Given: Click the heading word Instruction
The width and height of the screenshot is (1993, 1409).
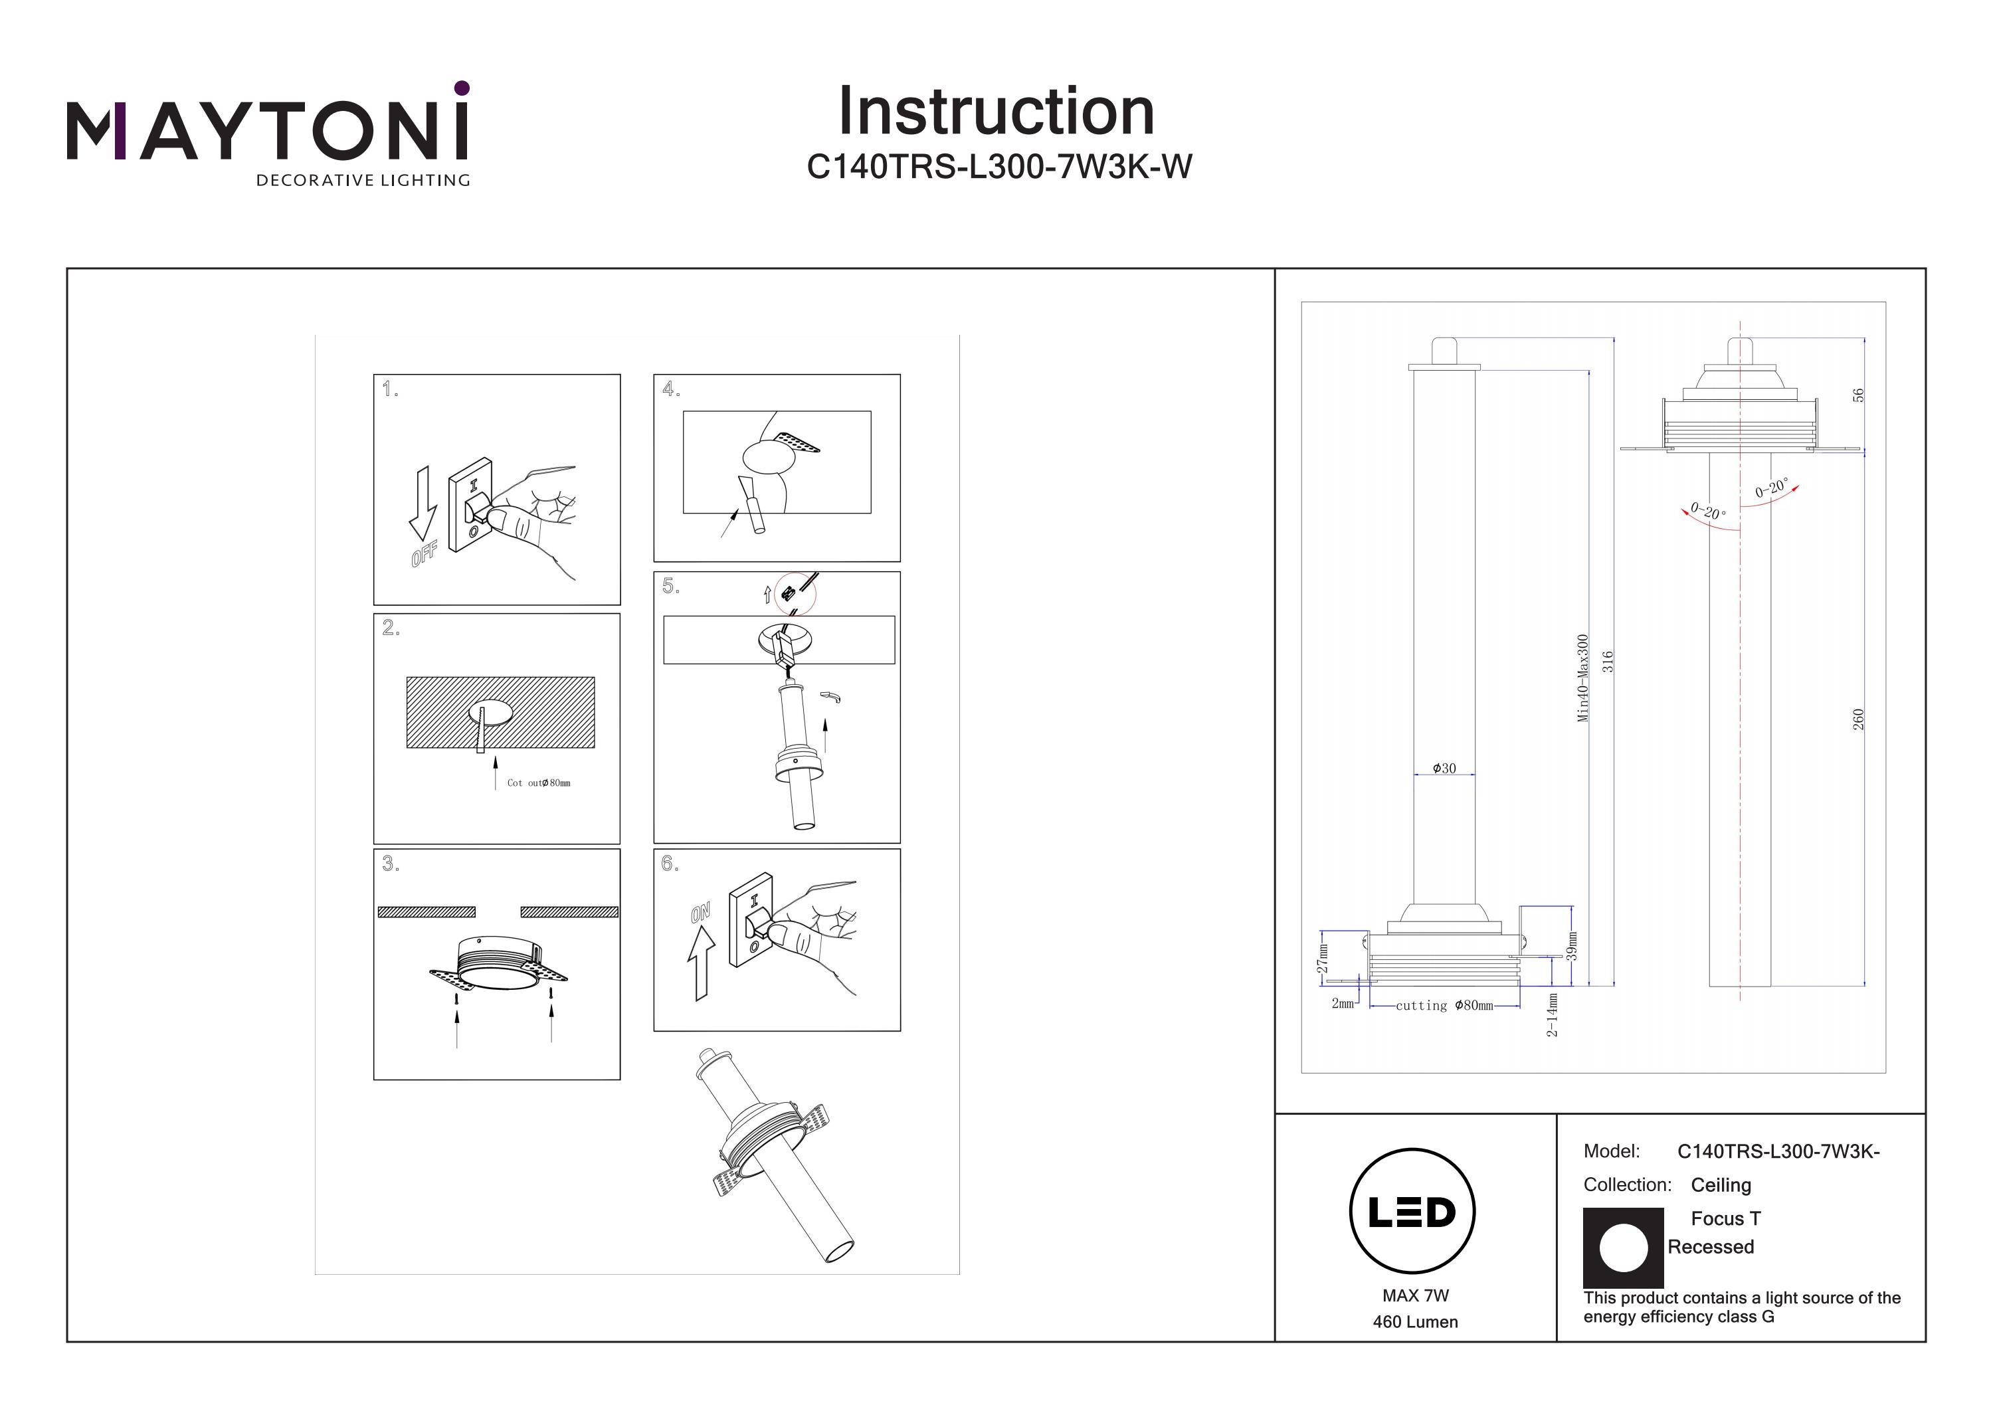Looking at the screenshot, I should [x=996, y=112].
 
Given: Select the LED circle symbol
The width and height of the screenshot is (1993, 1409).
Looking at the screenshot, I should [x=1412, y=1211].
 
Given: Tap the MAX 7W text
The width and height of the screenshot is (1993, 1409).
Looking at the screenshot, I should [x=1416, y=1295].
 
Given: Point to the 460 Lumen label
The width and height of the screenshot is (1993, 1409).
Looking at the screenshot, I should [x=1415, y=1322].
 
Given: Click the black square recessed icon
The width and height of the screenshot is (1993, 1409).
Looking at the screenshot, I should [x=1623, y=1248].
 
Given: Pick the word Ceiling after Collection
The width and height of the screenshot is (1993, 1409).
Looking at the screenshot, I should [x=1721, y=1185].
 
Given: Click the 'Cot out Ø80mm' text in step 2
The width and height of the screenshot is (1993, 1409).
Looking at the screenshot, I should [x=538, y=783].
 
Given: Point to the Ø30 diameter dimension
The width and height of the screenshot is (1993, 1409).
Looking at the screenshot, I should [x=1444, y=769].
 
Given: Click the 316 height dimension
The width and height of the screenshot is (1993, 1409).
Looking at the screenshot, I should [x=1608, y=662].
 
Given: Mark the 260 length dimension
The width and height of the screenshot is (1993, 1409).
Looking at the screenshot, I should [x=1858, y=719].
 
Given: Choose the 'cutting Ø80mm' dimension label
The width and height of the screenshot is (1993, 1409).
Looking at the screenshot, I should [x=1444, y=1005].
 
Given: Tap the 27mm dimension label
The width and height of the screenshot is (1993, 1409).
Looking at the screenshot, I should [x=1322, y=959].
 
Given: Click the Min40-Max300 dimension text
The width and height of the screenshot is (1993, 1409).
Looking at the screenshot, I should [x=1582, y=677].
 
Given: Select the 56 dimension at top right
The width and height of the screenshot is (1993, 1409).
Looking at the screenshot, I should [x=1857, y=395].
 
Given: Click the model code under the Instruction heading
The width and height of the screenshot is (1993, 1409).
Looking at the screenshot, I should [x=999, y=167].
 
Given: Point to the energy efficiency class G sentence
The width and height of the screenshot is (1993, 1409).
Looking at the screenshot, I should [x=1741, y=1307].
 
